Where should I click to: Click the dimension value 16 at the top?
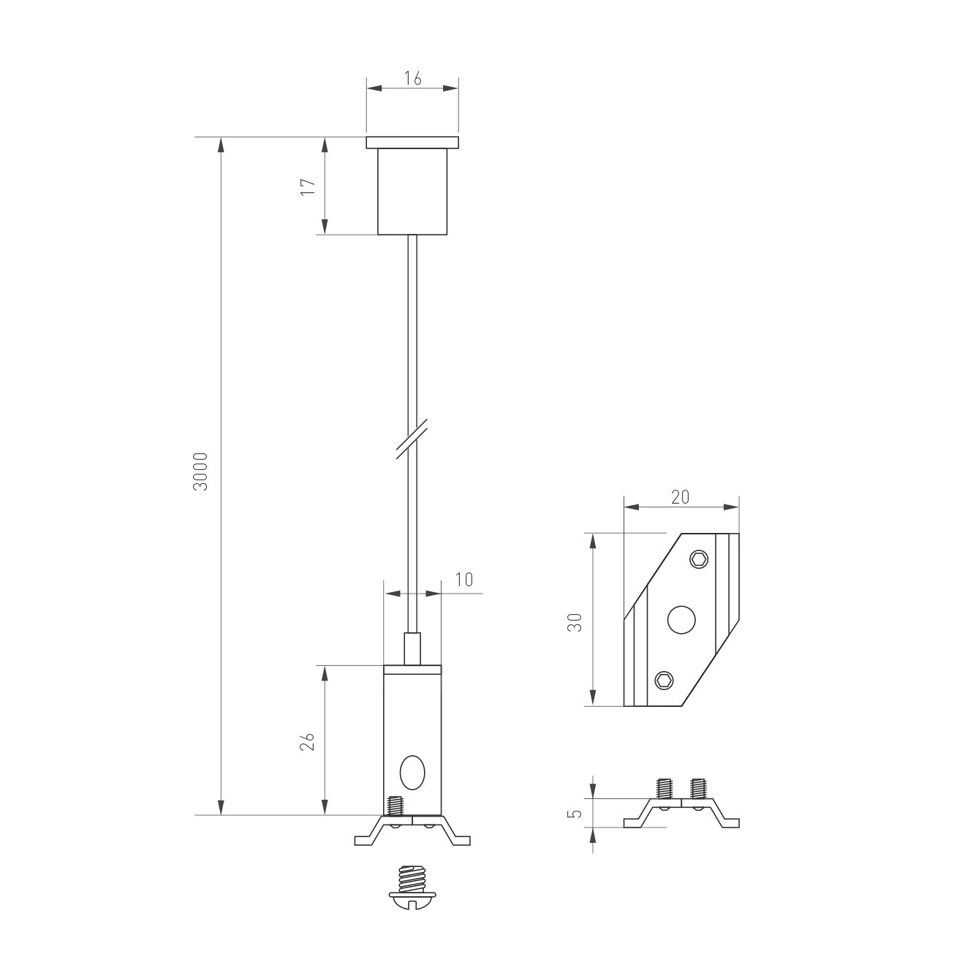(412, 79)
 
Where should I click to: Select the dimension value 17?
(308, 187)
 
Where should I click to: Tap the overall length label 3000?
(201, 471)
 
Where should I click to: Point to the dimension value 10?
(464, 580)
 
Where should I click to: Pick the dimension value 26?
(308, 741)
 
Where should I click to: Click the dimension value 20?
(680, 497)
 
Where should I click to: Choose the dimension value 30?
(575, 622)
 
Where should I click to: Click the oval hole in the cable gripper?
(412, 773)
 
